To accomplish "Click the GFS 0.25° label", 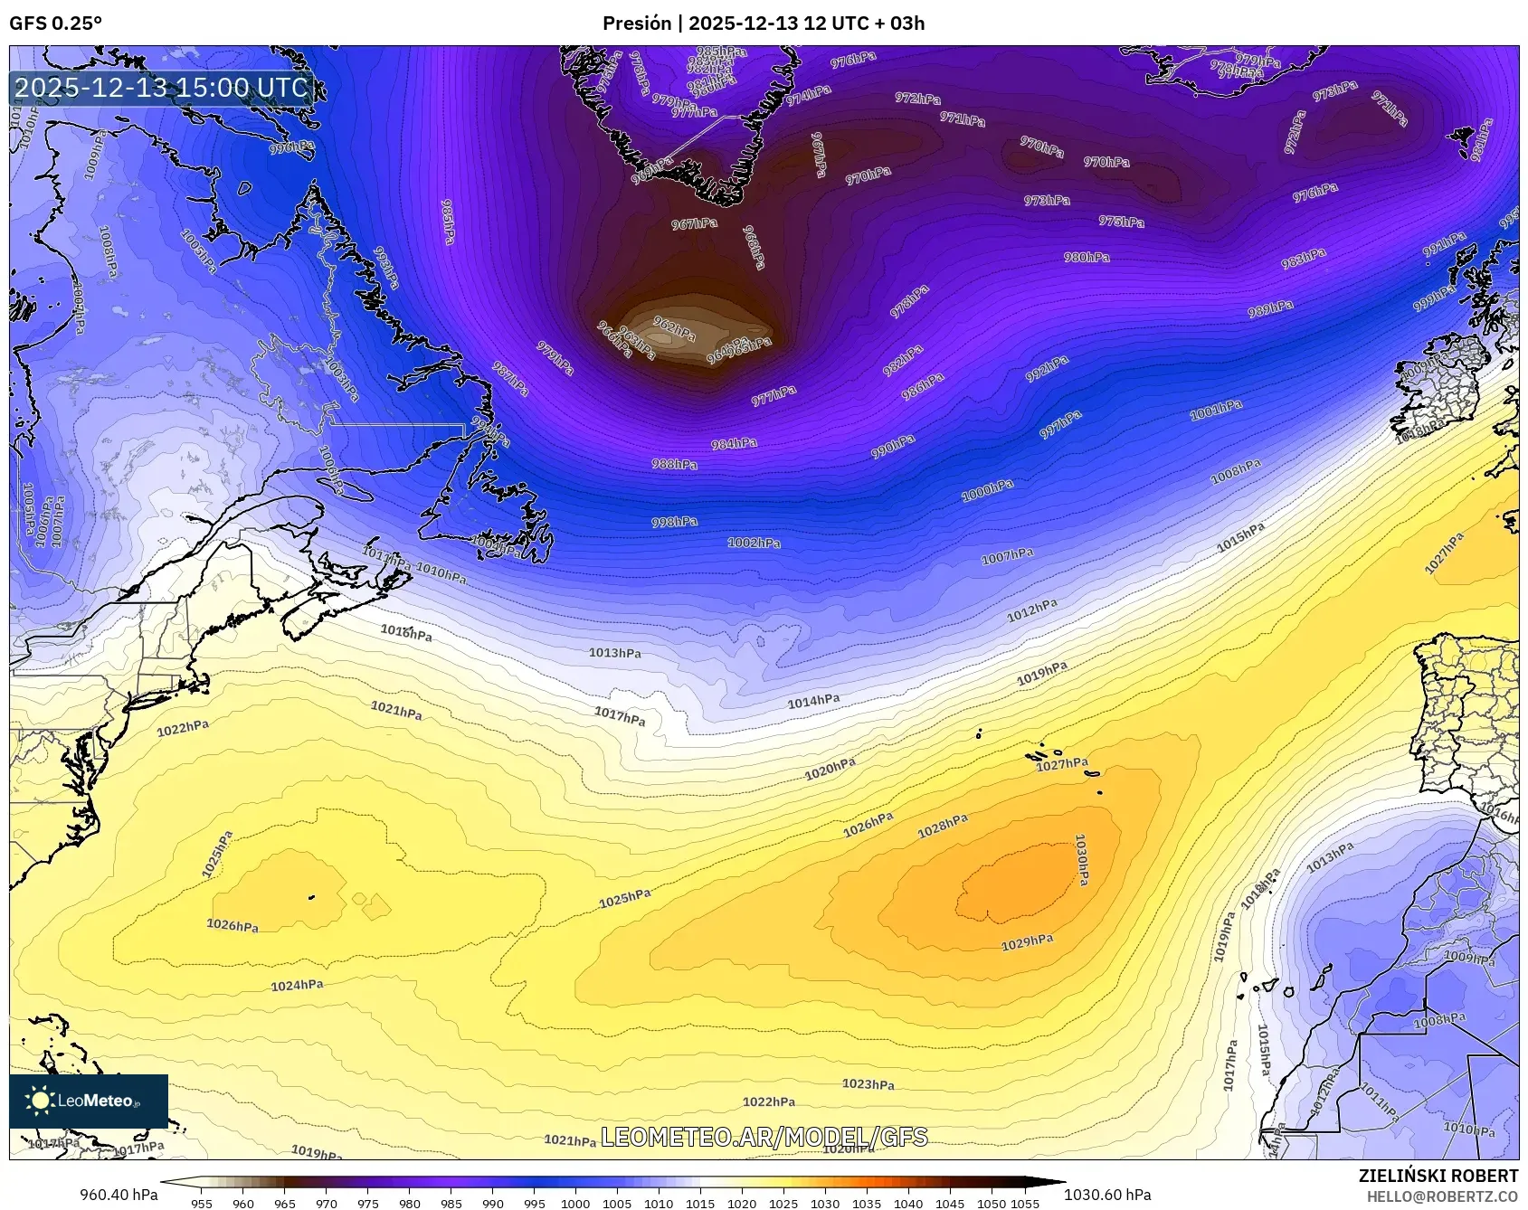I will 55,24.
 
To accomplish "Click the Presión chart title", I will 764,24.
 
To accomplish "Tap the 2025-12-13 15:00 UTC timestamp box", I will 162,88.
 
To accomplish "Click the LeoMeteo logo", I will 89,1101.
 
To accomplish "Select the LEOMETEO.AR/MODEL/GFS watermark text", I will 764,1137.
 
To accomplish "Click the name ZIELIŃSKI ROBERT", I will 1438,1176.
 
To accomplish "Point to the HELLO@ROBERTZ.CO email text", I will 1442,1196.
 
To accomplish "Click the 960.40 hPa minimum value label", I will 119,1195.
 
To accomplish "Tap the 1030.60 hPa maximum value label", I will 1107,1195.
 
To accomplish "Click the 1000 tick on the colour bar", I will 575,1204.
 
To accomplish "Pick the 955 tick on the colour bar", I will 202,1204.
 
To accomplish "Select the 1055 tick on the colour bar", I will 1025,1204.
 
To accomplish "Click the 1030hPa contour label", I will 1081,859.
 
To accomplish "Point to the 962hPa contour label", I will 674,329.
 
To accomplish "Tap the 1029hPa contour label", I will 1027,942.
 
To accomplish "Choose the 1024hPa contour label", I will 297,985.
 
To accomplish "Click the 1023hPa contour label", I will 868,1083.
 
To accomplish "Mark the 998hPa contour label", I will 674,522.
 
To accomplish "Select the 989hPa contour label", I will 1270,308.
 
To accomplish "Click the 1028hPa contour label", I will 943,826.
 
